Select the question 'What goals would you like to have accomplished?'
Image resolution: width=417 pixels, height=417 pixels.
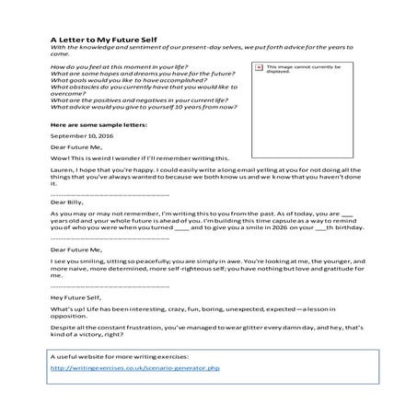click(133, 83)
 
